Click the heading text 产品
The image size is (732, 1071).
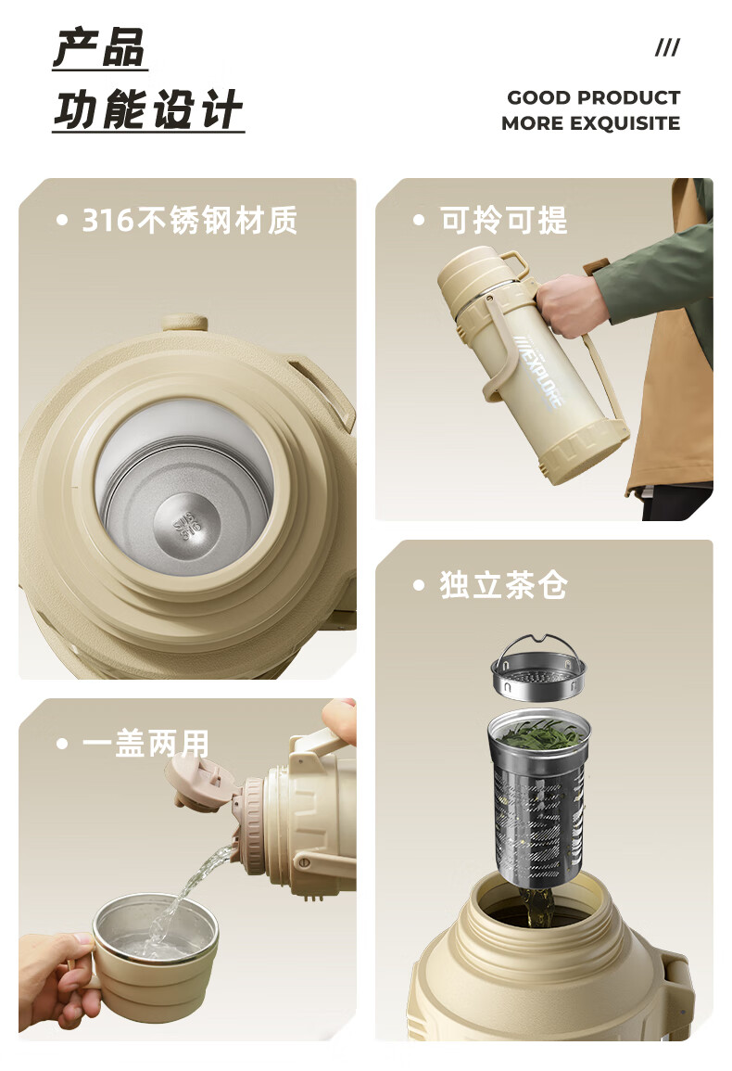[x=100, y=47]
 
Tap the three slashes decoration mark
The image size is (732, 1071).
[x=667, y=47]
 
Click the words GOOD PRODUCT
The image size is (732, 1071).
[x=593, y=97]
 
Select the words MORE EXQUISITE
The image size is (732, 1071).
[x=590, y=123]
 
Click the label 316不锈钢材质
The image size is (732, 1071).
[x=190, y=220]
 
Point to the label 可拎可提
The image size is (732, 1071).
[x=504, y=220]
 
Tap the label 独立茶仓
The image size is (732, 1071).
[x=504, y=585]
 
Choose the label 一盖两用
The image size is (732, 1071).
[x=145, y=743]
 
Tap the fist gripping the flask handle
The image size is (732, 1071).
[x=570, y=305]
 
